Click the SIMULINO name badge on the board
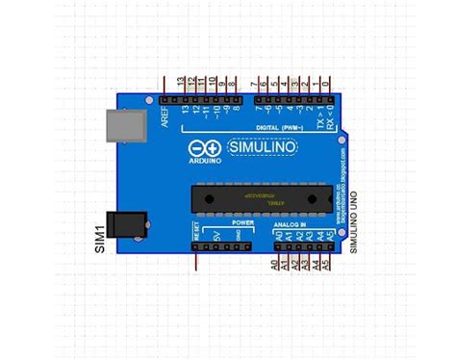tap(262, 148)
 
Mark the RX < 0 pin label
tap(330, 119)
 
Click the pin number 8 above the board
tap(235, 83)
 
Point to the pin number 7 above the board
tap(253, 83)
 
